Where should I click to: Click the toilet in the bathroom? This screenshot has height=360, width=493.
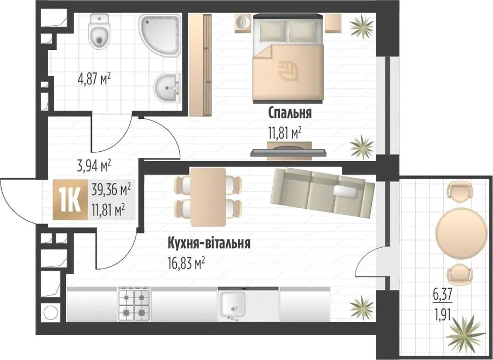(100, 31)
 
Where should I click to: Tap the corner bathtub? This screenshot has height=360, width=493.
(160, 35)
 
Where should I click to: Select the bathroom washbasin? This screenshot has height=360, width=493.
(168, 88)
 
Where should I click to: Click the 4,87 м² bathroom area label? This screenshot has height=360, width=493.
(94, 79)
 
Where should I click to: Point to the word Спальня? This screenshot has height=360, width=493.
(290, 113)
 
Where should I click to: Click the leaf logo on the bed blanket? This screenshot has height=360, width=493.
(288, 71)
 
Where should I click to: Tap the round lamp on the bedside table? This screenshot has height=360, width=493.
(243, 22)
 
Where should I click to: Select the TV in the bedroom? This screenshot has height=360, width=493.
(288, 152)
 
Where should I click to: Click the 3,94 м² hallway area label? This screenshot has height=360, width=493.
(94, 166)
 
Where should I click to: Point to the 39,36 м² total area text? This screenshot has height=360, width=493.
(111, 190)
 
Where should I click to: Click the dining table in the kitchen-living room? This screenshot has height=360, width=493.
(208, 197)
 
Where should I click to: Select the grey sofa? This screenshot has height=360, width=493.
(323, 192)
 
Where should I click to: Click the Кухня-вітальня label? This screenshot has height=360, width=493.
(209, 243)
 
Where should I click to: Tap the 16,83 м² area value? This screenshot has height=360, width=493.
(187, 263)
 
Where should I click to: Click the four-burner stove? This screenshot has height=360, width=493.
(134, 304)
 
